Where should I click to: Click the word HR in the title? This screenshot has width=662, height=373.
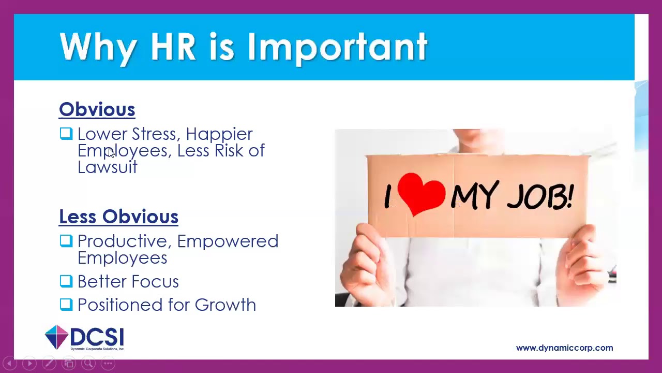click(x=173, y=47)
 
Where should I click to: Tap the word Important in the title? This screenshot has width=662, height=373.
click(x=337, y=48)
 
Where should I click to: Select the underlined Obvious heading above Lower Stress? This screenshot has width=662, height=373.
click(x=97, y=109)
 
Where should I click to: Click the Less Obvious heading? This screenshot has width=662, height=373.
click(x=118, y=217)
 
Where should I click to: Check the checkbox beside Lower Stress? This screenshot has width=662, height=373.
click(x=66, y=134)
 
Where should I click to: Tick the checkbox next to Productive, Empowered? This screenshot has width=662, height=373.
click(x=66, y=241)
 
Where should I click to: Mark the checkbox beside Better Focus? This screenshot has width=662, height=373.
click(x=66, y=281)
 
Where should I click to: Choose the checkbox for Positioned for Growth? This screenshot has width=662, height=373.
click(x=66, y=304)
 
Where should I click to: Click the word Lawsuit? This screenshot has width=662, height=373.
click(x=107, y=167)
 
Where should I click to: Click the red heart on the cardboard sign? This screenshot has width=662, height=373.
click(x=421, y=194)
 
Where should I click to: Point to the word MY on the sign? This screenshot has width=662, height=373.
click(x=475, y=196)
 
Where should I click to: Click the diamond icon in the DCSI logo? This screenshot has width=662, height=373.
click(x=56, y=337)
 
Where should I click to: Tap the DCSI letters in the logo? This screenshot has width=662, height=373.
click(x=97, y=337)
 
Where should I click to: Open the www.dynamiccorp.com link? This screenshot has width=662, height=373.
click(x=564, y=348)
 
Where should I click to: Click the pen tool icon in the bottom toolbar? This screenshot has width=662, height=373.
click(x=49, y=364)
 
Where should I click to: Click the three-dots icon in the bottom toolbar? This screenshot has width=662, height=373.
click(x=108, y=364)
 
